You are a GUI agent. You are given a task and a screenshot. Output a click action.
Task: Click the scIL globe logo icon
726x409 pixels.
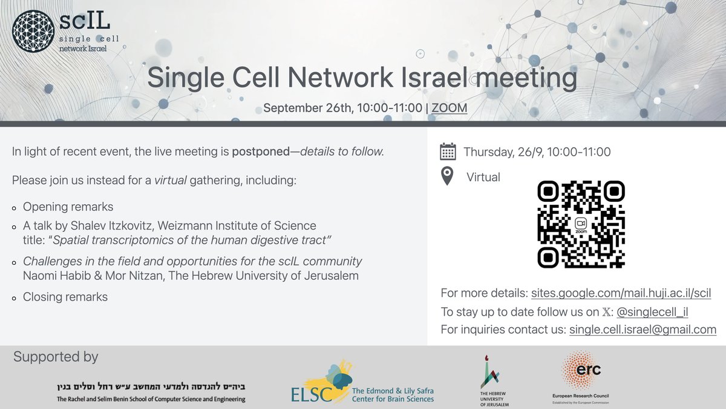[32, 30]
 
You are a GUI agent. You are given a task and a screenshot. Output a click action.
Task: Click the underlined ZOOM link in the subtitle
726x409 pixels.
[450, 108]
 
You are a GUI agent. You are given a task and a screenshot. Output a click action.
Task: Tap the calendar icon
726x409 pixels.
[448, 151]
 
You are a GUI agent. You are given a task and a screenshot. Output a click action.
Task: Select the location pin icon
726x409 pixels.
[447, 177]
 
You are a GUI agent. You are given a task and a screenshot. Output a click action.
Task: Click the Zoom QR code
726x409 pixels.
[581, 224]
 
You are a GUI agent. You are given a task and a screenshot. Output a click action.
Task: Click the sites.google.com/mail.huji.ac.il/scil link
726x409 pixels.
[621, 293]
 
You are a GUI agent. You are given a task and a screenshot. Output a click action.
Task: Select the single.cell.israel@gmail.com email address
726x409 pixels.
[643, 330]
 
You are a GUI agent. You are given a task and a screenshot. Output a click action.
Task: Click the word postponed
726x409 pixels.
[261, 151]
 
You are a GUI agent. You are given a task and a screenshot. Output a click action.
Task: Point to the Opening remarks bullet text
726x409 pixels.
[68, 207]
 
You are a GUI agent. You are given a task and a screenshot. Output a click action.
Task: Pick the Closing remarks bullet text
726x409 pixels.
[65, 297]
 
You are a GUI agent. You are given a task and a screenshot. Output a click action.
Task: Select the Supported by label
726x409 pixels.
[55, 357]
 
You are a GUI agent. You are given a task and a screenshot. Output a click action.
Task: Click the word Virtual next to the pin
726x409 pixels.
[483, 178]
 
